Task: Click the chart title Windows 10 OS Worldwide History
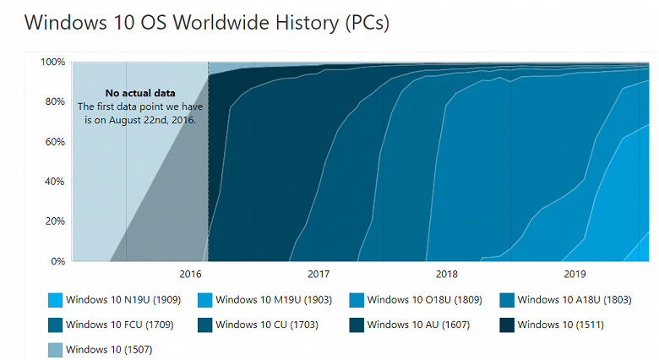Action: [207, 23]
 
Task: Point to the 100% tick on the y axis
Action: [53, 62]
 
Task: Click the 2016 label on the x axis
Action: [191, 275]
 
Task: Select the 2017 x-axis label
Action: [319, 275]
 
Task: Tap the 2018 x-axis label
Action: [446, 275]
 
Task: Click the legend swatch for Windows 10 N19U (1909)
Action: [55, 299]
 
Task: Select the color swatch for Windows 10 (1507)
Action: [55, 348]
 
